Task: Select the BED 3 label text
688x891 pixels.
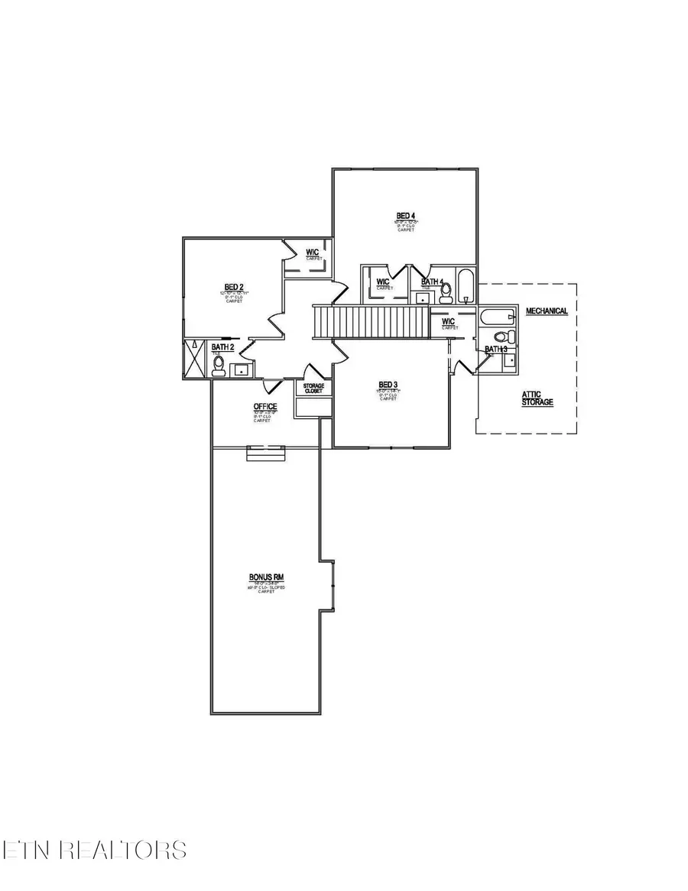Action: (388, 385)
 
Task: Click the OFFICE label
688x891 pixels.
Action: (265, 406)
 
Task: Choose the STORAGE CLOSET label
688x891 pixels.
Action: (313, 389)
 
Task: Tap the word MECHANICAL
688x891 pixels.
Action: (546, 311)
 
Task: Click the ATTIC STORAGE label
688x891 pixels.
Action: (537, 398)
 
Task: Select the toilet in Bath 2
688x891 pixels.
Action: (219, 369)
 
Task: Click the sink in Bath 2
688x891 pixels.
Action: (242, 370)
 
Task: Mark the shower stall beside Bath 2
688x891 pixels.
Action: (196, 360)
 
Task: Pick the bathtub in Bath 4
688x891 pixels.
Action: (466, 285)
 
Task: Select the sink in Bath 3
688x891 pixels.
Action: (508, 360)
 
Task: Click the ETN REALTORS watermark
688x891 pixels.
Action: (93, 850)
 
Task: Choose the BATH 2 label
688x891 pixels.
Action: (223, 347)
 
